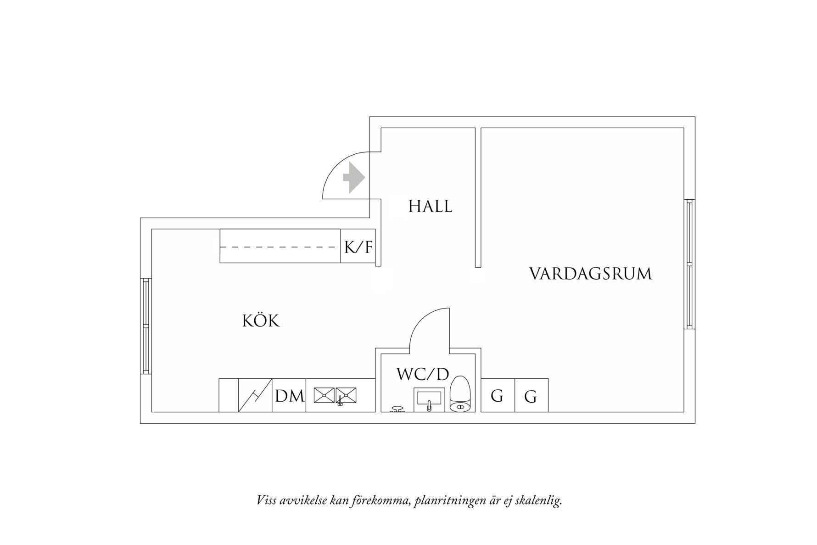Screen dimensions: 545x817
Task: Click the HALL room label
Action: (430, 206)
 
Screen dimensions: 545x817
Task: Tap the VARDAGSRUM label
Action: (590, 274)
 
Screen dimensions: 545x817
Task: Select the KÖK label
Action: (261, 320)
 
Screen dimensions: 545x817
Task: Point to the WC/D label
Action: (422, 374)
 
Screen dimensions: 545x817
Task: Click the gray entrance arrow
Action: (354, 178)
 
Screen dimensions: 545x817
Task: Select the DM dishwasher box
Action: (289, 395)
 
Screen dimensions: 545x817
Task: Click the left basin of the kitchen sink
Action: (324, 395)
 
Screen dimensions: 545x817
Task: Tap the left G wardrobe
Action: (497, 395)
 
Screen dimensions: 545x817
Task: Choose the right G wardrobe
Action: (531, 395)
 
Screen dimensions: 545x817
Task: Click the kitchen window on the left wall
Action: (145, 326)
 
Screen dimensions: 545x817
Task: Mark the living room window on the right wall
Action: (689, 264)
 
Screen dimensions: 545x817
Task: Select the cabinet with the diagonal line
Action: (255, 395)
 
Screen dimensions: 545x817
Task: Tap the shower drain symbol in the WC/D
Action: (397, 409)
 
